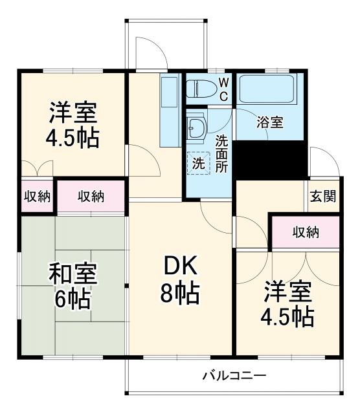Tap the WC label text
222,89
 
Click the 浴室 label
269,122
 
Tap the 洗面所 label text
222,153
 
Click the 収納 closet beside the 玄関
305,232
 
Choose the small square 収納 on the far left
37,197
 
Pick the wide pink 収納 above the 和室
91,197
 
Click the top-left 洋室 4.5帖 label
73,124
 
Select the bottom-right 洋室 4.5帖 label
287,305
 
